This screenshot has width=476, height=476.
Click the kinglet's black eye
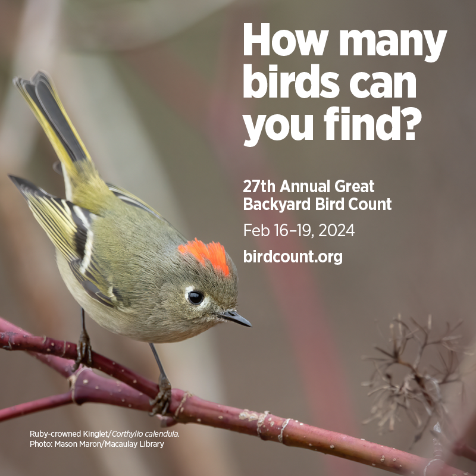coord(196,297)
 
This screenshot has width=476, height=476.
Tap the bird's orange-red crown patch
coord(206,255)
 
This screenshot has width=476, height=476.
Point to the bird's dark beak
coord(235,318)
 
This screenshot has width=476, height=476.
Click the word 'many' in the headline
coord(393,42)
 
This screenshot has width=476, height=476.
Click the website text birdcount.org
coord(293,257)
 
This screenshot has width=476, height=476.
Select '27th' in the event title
coord(259,186)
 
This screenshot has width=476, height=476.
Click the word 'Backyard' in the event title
coord(277,204)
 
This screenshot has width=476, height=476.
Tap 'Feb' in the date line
coord(256,230)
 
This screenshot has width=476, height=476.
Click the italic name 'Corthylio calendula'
coord(146,434)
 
